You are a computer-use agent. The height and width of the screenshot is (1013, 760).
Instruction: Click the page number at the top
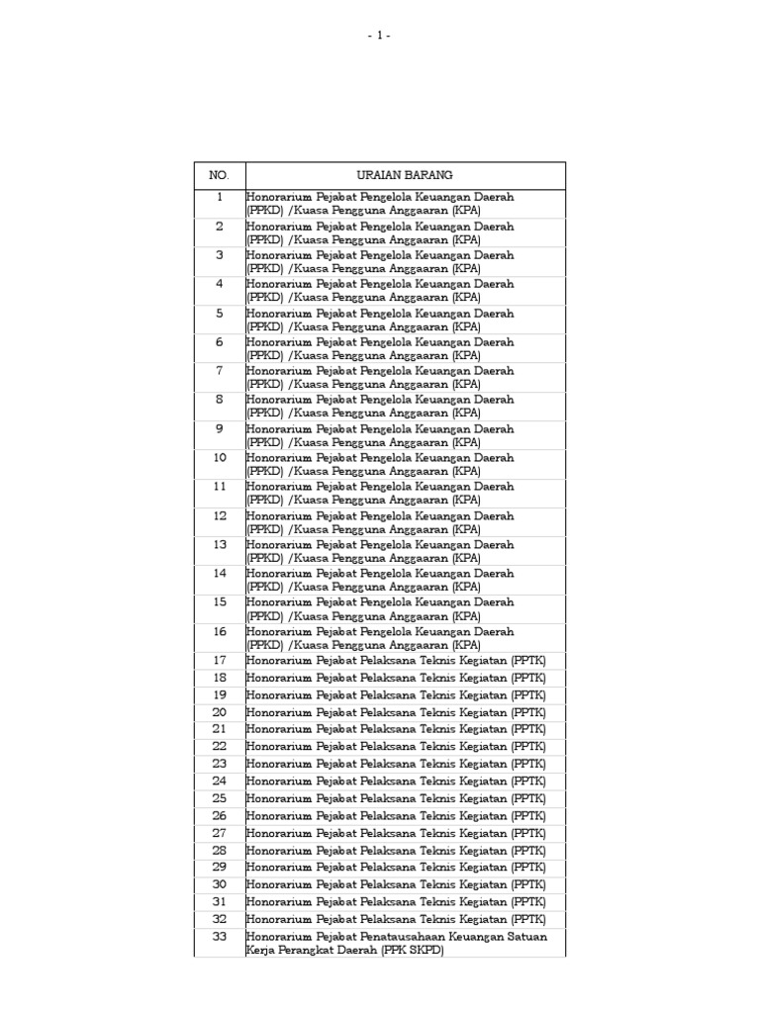coord(379,36)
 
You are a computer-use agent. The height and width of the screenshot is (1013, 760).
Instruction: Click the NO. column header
coord(219,175)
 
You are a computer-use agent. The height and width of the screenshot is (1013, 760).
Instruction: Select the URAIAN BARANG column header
coord(405,175)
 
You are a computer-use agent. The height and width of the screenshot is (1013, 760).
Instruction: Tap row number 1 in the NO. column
coord(219,197)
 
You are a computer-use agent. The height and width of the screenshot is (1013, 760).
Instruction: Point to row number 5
coord(219,313)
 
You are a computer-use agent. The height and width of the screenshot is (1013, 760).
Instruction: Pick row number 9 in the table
coord(219,428)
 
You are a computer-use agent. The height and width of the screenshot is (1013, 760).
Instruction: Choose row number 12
coord(219,515)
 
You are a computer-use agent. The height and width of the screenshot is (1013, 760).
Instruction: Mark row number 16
coord(219,631)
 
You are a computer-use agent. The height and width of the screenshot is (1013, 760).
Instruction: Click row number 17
coord(219,660)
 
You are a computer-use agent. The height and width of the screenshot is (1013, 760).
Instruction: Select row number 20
coord(219,711)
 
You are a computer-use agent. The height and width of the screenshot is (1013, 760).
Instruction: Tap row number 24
coord(219,781)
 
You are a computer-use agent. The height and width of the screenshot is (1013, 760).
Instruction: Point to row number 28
coord(219,850)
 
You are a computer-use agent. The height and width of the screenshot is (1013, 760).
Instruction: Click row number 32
coord(219,918)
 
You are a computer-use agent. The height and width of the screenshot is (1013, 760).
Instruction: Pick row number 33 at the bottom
coord(219,936)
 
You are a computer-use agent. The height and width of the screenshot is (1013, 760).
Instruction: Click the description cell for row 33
coord(396,943)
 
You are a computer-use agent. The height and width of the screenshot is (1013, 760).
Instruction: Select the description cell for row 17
coord(396,660)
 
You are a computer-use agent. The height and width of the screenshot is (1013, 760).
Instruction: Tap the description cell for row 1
coord(380,204)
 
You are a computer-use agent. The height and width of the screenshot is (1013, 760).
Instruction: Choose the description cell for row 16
coord(380,638)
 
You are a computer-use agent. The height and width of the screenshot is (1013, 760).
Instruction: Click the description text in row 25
coord(396,798)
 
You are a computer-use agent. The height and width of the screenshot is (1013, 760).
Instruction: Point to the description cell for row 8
coord(380,407)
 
